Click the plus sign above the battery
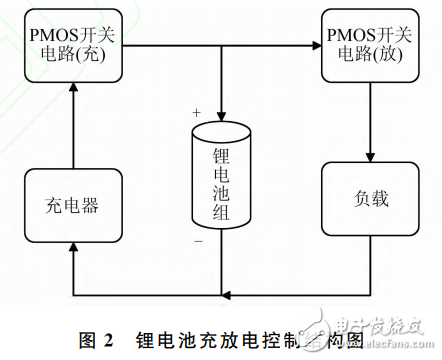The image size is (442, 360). (196, 110)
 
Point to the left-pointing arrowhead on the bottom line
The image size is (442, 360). (228, 295)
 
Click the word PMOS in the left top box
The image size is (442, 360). (53, 36)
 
